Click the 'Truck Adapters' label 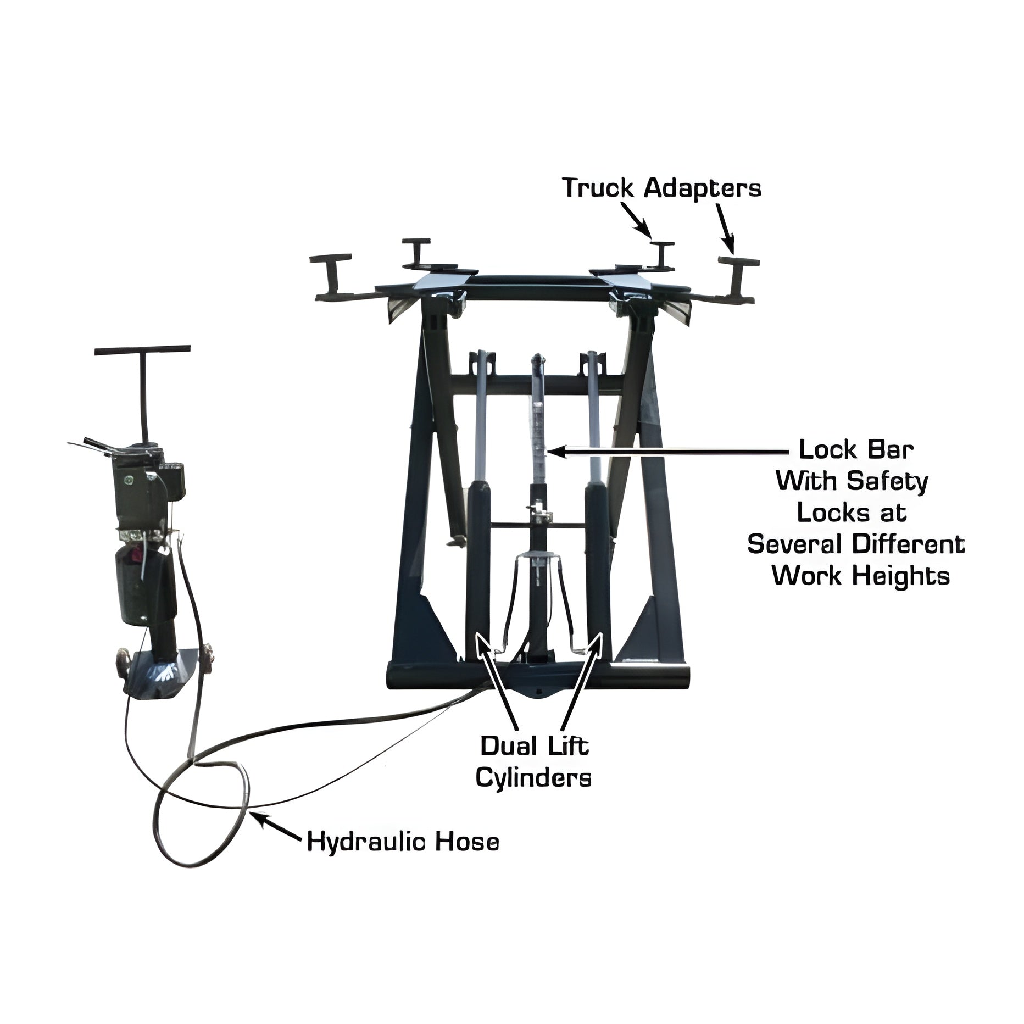[x=662, y=188]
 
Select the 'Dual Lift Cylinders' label [x=533, y=762]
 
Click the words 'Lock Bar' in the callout [x=856, y=450]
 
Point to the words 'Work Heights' [x=861, y=576]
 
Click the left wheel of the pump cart [x=122, y=660]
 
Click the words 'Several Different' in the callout [x=856, y=544]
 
